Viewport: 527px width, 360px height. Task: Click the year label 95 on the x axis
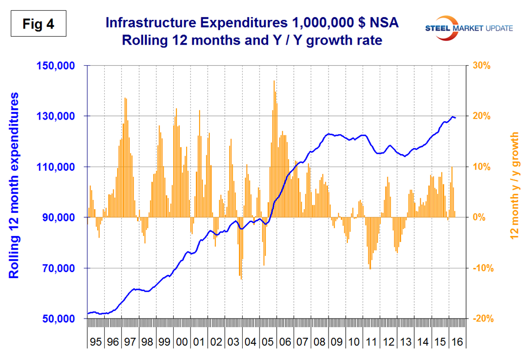95,342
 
